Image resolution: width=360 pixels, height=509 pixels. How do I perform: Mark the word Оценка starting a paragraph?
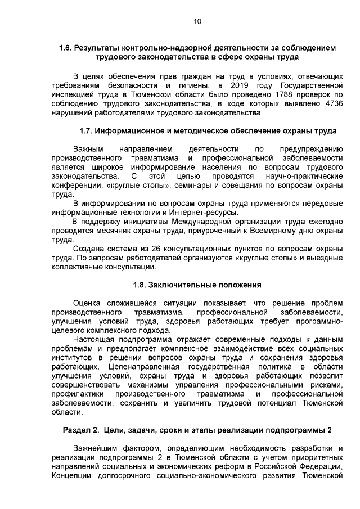pyautogui.click(x=87, y=303)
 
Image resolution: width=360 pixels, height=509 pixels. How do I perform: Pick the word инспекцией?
pyautogui.click(x=71, y=94)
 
